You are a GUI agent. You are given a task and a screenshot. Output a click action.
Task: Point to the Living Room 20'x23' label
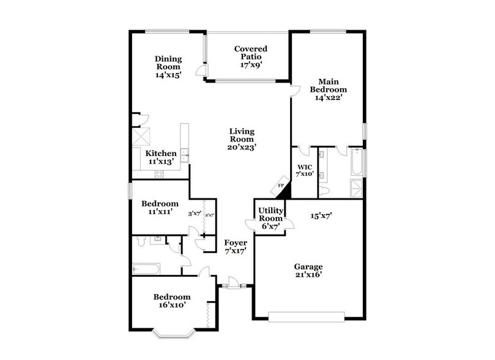242,139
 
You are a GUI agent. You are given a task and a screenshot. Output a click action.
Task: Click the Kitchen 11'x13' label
161,157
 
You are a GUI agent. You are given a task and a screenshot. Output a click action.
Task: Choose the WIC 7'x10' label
305,170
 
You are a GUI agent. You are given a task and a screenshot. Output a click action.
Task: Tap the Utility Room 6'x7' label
270,218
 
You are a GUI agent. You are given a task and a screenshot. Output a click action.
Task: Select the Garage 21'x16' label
307,271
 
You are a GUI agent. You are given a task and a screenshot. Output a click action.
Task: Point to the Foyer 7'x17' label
235,247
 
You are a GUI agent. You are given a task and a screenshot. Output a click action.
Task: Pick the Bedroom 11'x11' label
160,208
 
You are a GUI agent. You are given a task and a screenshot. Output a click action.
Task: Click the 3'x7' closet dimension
195,214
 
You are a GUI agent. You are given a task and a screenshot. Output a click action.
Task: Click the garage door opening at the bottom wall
307,317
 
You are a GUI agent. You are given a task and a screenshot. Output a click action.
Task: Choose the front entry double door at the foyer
233,283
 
